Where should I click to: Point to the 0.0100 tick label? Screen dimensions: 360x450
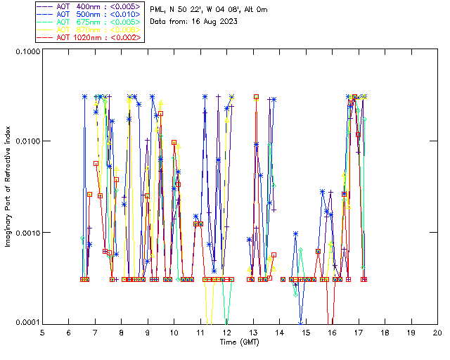click(25, 142)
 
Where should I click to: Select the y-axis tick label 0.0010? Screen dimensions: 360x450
click(25, 233)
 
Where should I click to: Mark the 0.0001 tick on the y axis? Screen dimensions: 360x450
click(25, 323)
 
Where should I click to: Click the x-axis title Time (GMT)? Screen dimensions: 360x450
click(239, 342)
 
